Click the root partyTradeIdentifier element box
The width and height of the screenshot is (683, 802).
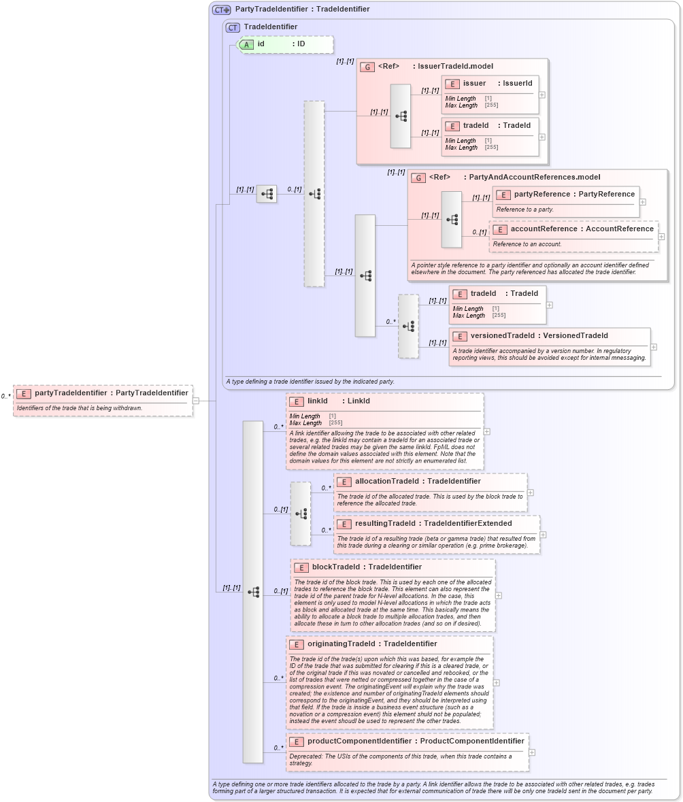pyautogui.click(x=103, y=400)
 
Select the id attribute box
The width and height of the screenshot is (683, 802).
pyautogui.click(x=285, y=44)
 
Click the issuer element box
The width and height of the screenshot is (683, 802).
pyautogui.click(x=489, y=95)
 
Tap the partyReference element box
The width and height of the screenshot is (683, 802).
pyautogui.click(x=565, y=201)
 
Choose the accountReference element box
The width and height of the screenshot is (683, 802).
pyautogui.click(x=573, y=236)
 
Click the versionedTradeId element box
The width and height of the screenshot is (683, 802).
pyautogui.click(x=548, y=346)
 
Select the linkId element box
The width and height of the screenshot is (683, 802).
pyautogui.click(x=384, y=431)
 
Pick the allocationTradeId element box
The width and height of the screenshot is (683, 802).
pyautogui.click(x=430, y=492)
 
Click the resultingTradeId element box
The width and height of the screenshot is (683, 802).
pyautogui.click(x=436, y=534)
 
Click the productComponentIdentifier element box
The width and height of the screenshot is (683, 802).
pyautogui.click(x=407, y=752)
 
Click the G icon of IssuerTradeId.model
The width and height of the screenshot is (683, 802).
pyautogui.click(x=367, y=67)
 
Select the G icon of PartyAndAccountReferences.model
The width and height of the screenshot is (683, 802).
pyautogui.click(x=418, y=178)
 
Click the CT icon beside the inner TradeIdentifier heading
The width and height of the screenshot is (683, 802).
pyautogui.click(x=233, y=27)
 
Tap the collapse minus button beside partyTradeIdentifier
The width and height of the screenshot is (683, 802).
pyautogui.click(x=195, y=401)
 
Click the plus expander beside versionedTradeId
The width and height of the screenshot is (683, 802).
pyautogui.click(x=654, y=347)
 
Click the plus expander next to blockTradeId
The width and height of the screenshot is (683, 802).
pyautogui.click(x=499, y=595)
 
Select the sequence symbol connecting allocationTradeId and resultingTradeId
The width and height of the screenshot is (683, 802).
pyautogui.click(x=300, y=514)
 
